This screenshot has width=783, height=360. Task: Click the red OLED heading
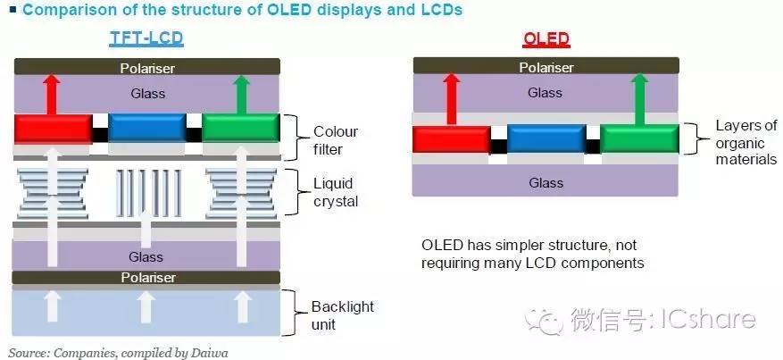545,39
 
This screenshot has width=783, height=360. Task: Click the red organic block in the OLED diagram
451,139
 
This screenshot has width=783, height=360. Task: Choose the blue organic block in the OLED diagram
546,139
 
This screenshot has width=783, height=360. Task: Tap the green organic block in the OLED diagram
639,139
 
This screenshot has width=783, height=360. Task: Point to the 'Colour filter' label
336,140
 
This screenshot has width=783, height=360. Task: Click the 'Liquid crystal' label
336,192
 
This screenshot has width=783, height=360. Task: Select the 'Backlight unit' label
343,314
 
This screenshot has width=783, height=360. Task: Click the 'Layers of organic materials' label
746,142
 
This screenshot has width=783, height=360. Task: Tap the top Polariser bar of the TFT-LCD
146,67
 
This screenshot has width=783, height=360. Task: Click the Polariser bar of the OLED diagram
545,67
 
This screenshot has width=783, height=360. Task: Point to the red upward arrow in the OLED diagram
451,98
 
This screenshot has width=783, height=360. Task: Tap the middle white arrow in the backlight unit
146,307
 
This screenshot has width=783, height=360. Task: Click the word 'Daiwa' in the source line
211,353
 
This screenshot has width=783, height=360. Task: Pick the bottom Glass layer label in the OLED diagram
545,182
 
